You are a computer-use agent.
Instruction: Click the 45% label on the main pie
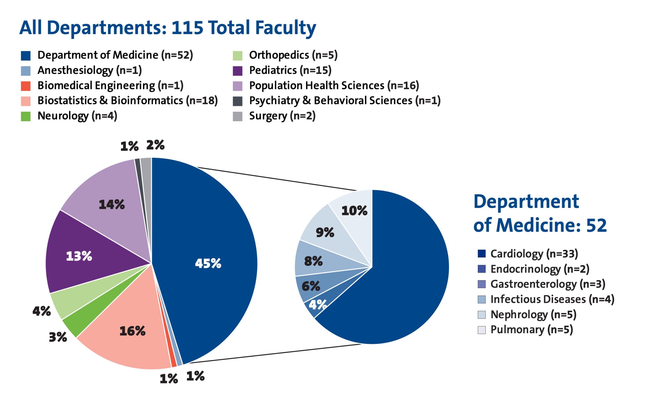pos(208,263)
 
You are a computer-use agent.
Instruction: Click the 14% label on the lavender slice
pos(112,205)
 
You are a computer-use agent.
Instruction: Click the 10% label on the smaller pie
pos(354,211)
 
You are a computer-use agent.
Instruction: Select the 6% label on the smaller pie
pos(311,286)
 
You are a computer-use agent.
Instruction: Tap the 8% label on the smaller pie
pos(313,261)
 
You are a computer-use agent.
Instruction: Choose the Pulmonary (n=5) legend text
pos(531,330)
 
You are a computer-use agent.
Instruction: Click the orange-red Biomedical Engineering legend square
pos(26,86)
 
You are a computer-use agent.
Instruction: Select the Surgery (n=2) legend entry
pos(282,116)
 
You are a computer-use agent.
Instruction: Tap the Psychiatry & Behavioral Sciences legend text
pos(345,101)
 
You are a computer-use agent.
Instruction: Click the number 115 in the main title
pos(187,28)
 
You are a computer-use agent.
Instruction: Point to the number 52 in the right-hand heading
pos(596,225)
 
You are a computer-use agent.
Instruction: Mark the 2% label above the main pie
pos(155,145)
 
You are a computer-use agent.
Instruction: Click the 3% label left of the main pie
pos(58,337)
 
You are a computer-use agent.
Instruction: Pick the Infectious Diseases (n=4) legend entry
pos(552,299)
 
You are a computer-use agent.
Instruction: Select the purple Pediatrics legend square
pos(237,71)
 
